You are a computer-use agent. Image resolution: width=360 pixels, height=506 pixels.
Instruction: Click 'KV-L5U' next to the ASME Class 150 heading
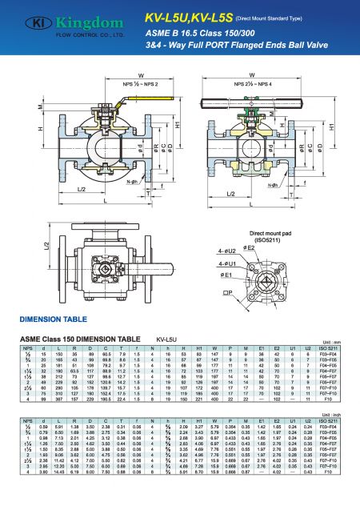pos(166,339)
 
